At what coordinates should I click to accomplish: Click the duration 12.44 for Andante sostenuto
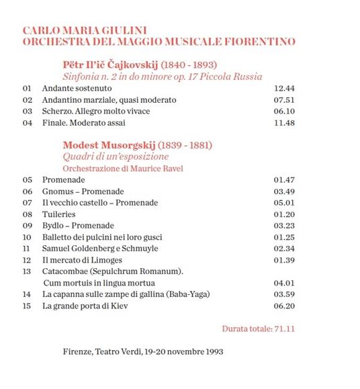[x=285, y=89]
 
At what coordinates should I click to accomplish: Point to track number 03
[x=27, y=111]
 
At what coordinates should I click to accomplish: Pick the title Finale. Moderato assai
[x=83, y=123]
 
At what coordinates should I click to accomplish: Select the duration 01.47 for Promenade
[x=285, y=180]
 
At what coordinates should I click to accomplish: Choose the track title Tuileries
[x=58, y=214]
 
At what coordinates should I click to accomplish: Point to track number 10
[x=27, y=237]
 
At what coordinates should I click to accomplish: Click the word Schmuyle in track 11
[x=140, y=249]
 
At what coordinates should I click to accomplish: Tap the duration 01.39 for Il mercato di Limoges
[x=285, y=260]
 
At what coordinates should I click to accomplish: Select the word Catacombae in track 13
[x=64, y=271]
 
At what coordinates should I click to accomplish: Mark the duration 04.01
[x=285, y=283]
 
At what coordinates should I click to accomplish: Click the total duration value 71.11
[x=285, y=329]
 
